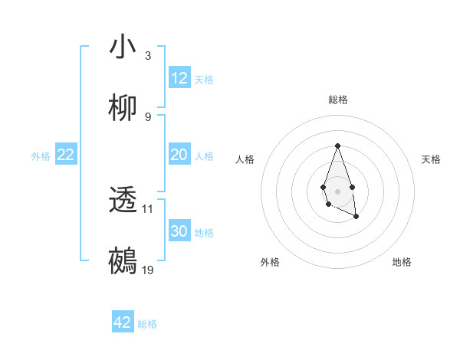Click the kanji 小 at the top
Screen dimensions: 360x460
[123, 47]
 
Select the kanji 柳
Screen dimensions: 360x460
[123, 109]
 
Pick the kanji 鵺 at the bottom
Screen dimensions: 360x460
[123, 261]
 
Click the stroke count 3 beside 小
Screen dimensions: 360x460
[148, 55]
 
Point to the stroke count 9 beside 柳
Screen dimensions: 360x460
[148, 117]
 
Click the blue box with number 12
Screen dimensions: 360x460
[179, 78]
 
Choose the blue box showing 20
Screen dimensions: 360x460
[179, 155]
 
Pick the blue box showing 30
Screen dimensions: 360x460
[179, 231]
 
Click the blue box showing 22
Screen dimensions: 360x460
[66, 155]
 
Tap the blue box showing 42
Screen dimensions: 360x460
[123, 322]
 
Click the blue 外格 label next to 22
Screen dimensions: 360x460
[41, 156]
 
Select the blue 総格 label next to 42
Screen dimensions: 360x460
[147, 324]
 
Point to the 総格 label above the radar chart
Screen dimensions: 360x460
[337, 100]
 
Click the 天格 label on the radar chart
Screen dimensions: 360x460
[431, 159]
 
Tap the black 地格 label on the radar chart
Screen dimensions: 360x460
[402, 262]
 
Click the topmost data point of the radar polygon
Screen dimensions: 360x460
[337, 146]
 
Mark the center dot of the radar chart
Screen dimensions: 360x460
[337, 190]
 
